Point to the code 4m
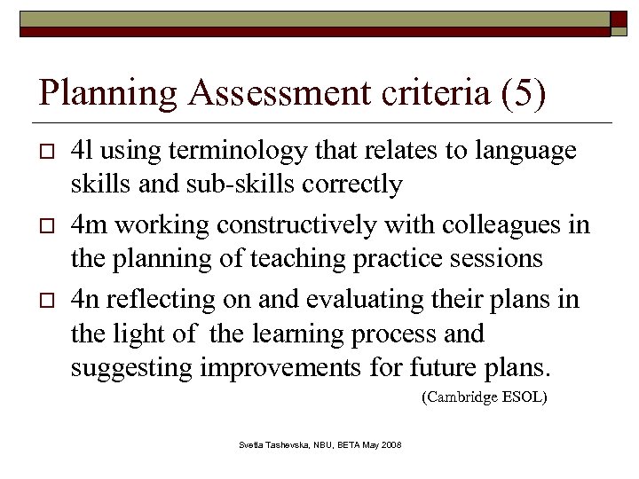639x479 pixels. [x=87, y=225]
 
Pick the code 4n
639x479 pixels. [x=85, y=300]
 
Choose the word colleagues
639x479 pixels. [x=506, y=225]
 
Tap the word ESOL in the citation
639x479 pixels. [x=527, y=397]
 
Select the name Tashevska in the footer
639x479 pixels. [x=289, y=444]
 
